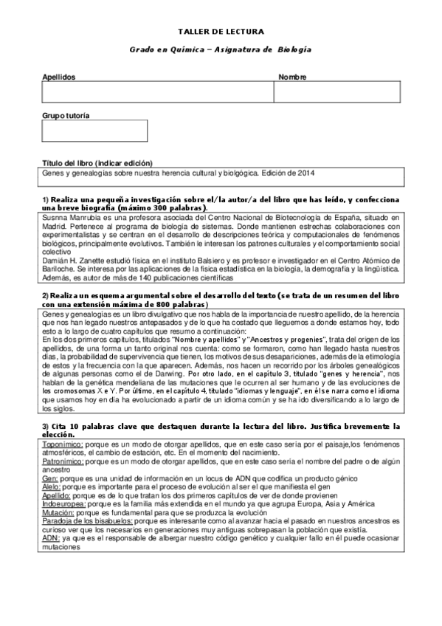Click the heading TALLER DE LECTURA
221,32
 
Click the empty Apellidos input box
157,92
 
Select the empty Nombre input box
336,92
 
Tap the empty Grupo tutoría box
94,131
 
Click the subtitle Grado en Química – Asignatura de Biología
221,49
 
